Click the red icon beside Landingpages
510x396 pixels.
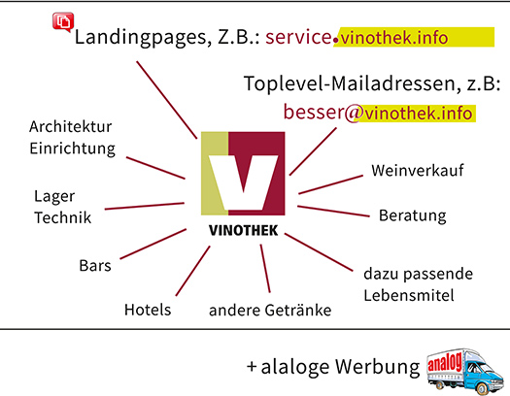[63, 22]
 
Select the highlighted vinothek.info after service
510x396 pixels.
[393, 38]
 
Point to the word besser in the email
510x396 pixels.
[314, 112]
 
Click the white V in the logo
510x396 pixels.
[243, 181]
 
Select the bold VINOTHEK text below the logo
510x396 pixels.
[243, 230]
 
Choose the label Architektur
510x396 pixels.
[71, 126]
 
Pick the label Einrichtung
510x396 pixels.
[72, 148]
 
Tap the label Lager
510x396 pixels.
[54, 197]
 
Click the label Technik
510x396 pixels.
[63, 217]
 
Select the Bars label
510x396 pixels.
[95, 265]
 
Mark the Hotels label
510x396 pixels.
[148, 310]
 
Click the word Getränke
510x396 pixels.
[298, 310]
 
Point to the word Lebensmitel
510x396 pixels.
[409, 295]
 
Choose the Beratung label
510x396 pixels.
[413, 215]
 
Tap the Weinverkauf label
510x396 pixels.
[418, 170]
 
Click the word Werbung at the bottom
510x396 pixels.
[377, 367]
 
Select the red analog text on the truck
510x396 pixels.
[445, 362]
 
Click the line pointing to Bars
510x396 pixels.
[153, 244]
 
